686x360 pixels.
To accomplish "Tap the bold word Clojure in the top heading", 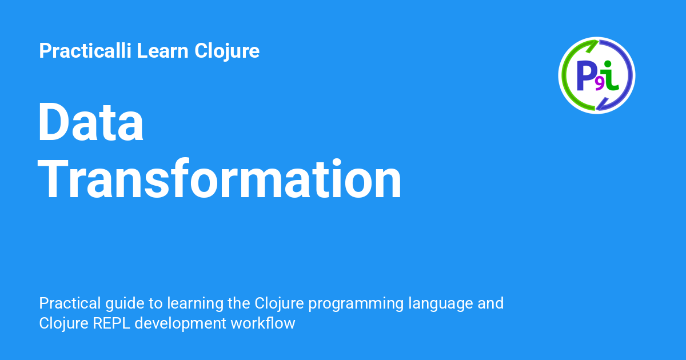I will click(227, 51).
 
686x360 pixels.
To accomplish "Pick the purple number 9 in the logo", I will click(599, 83).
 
